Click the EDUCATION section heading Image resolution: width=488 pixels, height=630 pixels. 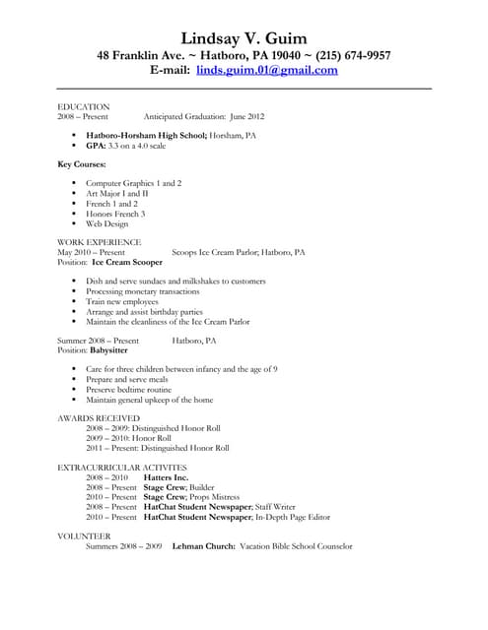pyautogui.click(x=84, y=105)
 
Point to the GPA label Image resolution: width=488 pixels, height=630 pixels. pyautogui.click(x=96, y=145)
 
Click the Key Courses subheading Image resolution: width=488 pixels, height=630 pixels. pyautogui.click(x=82, y=163)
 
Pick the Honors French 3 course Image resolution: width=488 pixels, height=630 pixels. pyautogui.click(x=115, y=214)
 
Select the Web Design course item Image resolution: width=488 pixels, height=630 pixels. pyautogui.click(x=106, y=223)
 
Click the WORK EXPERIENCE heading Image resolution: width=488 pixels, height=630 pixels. pyautogui.click(x=100, y=241)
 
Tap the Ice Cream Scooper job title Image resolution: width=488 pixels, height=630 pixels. pyautogui.click(x=128, y=263)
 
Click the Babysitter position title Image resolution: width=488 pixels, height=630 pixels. pyautogui.click(x=114, y=350)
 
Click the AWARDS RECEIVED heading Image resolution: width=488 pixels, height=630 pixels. pyautogui.click(x=99, y=418)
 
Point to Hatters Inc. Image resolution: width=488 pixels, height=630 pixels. pyautogui.click(x=166, y=476)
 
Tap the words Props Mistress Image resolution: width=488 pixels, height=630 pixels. pyautogui.click(x=219, y=496)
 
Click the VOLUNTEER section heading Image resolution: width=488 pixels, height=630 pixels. pyautogui.click(x=84, y=535)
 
